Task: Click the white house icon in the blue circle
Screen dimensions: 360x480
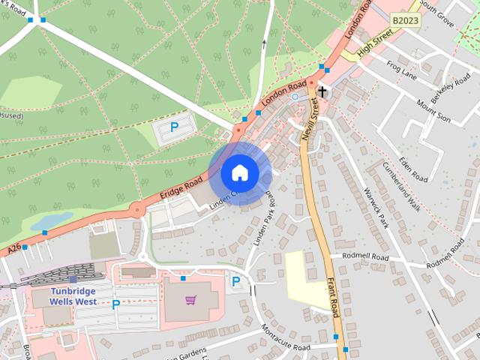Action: pyautogui.click(x=240, y=173)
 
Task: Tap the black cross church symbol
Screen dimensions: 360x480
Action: pyautogui.click(x=322, y=92)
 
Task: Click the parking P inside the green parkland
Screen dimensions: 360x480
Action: pyautogui.click(x=174, y=127)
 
